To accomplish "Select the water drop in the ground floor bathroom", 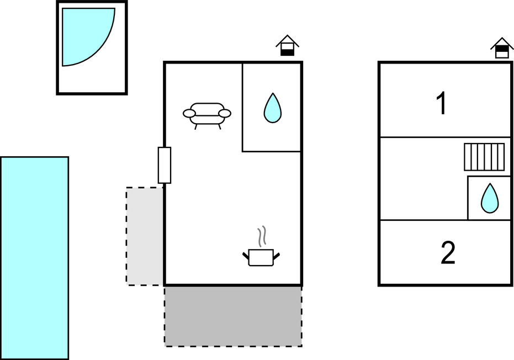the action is [273, 108].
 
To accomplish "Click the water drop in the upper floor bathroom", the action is [490, 198].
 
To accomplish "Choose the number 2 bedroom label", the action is [448, 252].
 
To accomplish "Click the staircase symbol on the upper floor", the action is [484, 157].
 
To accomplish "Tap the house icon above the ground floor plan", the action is [287, 45].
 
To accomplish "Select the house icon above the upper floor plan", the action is [502, 48].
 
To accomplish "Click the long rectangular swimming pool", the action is [34, 258].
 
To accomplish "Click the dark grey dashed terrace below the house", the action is [233, 316].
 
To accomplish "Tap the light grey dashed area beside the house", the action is [145, 236].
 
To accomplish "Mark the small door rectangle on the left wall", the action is [165, 165].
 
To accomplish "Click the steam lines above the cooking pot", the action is [261, 236].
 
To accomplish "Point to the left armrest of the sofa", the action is [189, 113].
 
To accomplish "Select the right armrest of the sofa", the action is [225, 113].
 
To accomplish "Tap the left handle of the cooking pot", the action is [246, 256].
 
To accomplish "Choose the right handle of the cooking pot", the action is [277, 256].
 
